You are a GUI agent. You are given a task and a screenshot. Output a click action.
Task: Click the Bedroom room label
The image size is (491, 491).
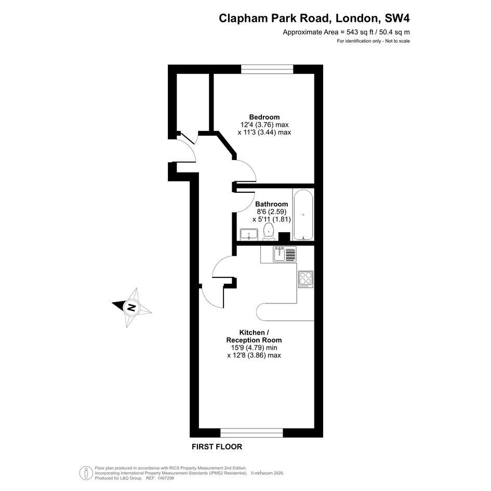point(264,117)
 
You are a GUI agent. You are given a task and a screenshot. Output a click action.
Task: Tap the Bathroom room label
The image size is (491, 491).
point(272,204)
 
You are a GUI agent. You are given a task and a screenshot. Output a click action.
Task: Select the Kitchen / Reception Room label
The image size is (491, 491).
point(254,336)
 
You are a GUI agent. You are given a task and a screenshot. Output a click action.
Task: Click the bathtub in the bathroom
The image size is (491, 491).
point(303,215)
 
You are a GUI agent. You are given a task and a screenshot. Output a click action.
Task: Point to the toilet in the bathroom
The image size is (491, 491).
point(268,232)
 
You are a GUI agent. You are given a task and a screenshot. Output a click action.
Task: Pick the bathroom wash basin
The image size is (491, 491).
point(249,234)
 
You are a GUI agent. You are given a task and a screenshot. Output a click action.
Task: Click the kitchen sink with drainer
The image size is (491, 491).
point(284,254)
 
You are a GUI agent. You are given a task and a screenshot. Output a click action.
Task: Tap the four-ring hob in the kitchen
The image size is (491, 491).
point(306,280)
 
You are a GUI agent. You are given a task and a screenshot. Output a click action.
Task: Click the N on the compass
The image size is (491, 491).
point(131,307)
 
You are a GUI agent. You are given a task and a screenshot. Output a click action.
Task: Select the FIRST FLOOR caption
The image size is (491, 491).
point(217,447)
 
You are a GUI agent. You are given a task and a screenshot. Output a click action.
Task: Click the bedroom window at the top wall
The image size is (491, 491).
point(267,69)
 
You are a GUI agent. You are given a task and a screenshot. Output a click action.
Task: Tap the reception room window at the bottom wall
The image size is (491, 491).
point(252,433)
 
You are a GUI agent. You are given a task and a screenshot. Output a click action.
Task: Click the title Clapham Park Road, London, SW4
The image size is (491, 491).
point(314,18)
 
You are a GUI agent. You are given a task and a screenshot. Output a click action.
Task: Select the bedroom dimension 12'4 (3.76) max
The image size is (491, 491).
point(264,125)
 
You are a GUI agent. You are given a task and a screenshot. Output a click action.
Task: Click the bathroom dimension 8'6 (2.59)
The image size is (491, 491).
point(272,211)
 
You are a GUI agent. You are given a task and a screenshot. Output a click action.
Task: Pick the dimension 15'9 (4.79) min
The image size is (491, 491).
point(254,348)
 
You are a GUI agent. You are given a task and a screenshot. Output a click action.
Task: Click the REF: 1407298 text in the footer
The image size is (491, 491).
point(161,478)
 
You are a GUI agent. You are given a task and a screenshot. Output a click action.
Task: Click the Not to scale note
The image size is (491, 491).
point(397,41)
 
